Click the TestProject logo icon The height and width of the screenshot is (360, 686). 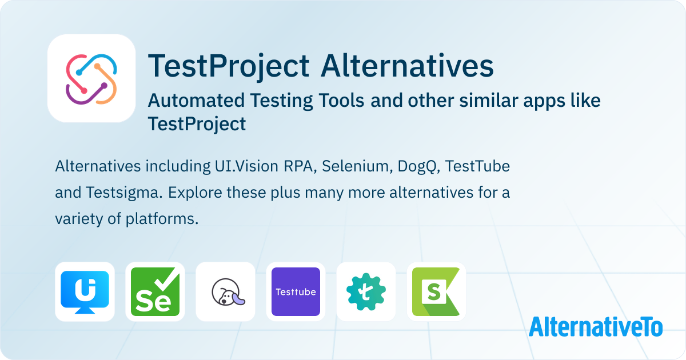point(91,79)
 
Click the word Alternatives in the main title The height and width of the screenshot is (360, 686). point(407,66)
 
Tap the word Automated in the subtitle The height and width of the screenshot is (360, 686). point(196,101)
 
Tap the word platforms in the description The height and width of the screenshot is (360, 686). point(162,219)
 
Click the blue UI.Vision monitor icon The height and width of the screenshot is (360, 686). point(85,292)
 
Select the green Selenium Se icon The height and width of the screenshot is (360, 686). point(155,292)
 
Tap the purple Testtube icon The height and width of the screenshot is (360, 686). point(296,292)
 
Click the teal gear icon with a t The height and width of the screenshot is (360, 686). point(366,292)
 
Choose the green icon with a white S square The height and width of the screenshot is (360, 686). point(436,292)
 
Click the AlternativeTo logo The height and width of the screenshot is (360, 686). point(596,327)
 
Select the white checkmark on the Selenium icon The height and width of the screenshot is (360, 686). point(167,279)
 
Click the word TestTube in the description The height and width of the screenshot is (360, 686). point(477,166)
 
